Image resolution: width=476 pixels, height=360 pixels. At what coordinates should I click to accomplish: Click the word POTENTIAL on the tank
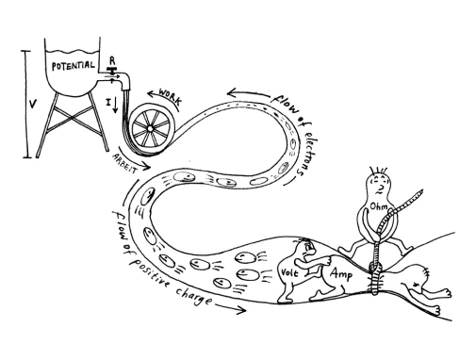coord(73,66)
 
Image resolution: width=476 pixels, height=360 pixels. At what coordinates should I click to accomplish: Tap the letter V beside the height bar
coord(32,104)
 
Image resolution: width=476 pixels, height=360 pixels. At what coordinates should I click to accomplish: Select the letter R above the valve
coord(112,60)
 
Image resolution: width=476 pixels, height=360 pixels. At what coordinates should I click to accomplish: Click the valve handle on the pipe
coord(111,69)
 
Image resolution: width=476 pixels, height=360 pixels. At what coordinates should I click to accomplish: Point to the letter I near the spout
coord(108,102)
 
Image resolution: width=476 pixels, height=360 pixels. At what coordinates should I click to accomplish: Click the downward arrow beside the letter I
coord(115,105)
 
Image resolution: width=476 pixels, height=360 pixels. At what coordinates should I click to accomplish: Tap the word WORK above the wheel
coord(171,96)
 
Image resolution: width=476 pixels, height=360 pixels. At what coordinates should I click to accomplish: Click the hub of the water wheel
coord(150,129)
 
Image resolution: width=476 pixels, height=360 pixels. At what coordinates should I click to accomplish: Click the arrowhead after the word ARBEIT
coord(146,166)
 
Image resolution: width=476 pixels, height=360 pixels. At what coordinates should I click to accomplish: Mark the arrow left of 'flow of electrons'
coord(248,93)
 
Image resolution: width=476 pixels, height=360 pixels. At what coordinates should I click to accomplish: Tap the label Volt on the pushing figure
coord(289,272)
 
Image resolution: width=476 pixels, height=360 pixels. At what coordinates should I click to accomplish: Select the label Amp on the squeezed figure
coord(341,274)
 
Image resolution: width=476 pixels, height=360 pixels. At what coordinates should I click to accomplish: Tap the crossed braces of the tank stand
coord(73,117)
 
